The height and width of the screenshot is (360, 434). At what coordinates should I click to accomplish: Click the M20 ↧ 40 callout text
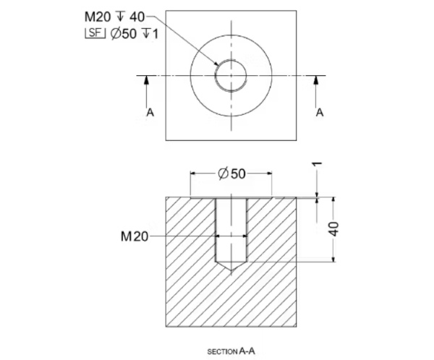point(114,17)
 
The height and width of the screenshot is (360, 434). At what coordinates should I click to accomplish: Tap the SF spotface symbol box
point(95,33)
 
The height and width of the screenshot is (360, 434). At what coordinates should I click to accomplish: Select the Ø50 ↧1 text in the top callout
point(135,34)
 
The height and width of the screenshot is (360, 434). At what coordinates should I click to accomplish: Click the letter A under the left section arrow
point(150,112)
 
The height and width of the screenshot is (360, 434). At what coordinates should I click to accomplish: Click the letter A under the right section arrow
point(320,112)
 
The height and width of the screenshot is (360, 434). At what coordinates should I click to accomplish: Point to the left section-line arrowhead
point(146,80)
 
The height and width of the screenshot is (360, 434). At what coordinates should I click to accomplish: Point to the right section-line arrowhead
point(316,80)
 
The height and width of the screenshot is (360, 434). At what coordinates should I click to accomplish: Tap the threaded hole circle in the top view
point(216,75)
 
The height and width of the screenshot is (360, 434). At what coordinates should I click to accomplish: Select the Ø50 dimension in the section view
point(231,173)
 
